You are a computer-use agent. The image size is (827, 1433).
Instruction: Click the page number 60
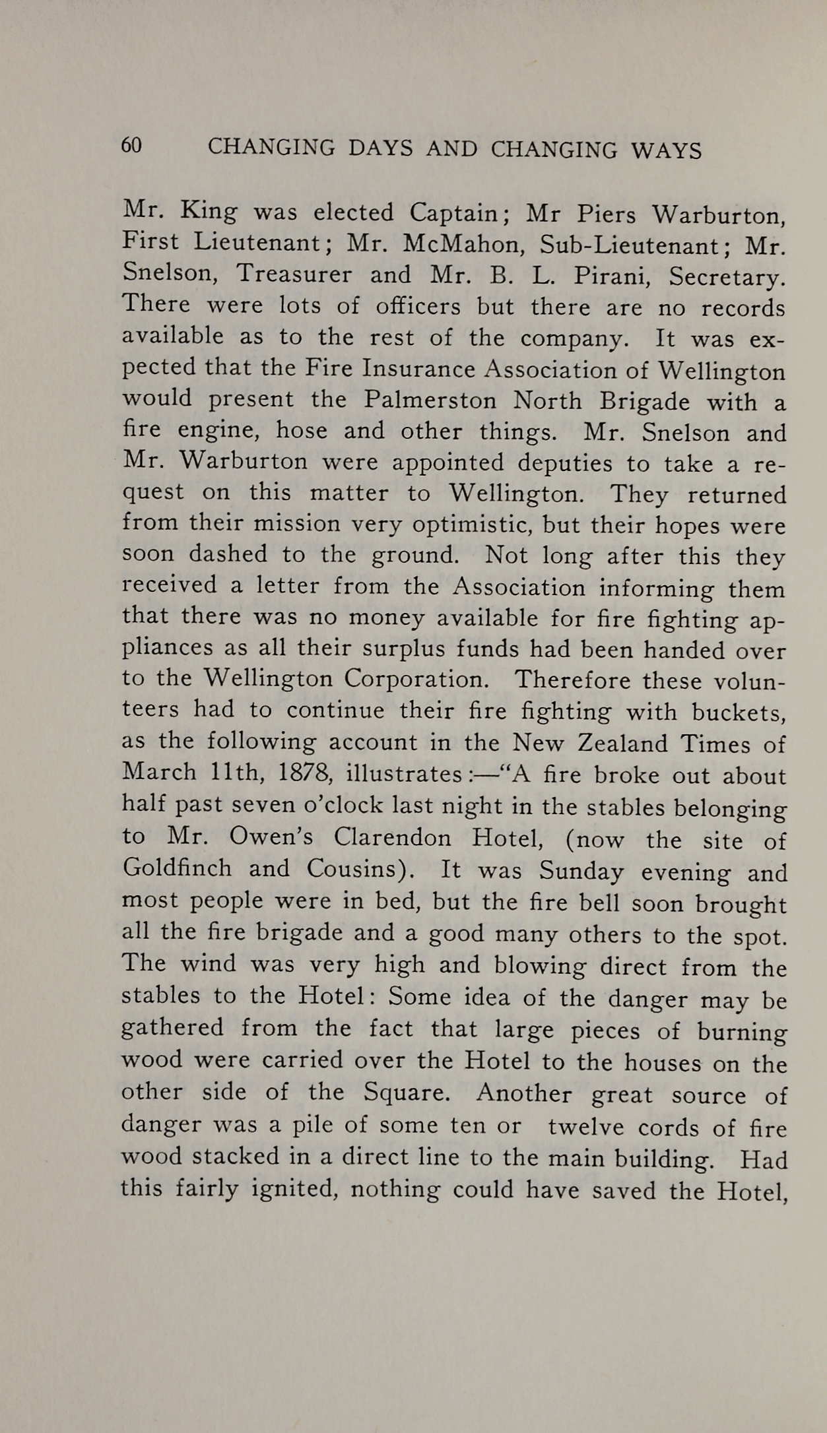click(x=131, y=146)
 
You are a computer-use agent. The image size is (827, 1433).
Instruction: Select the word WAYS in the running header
click(x=666, y=151)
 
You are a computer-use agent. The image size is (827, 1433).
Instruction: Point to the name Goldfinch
click(x=177, y=868)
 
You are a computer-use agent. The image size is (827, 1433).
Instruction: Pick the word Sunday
click(x=581, y=872)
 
